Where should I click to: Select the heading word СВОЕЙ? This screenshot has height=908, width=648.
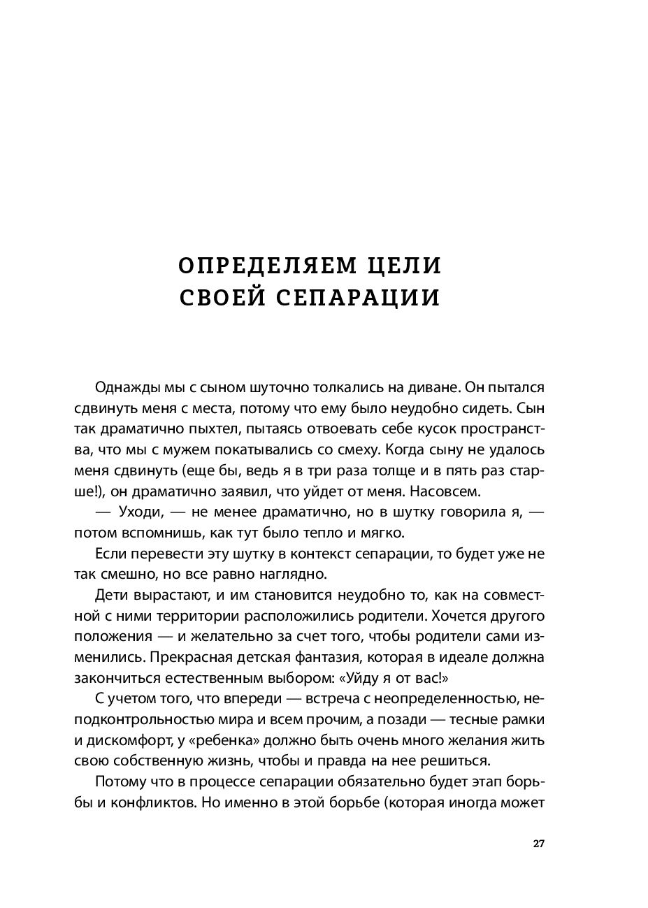tap(218, 298)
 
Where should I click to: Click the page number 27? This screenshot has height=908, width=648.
tap(538, 843)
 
